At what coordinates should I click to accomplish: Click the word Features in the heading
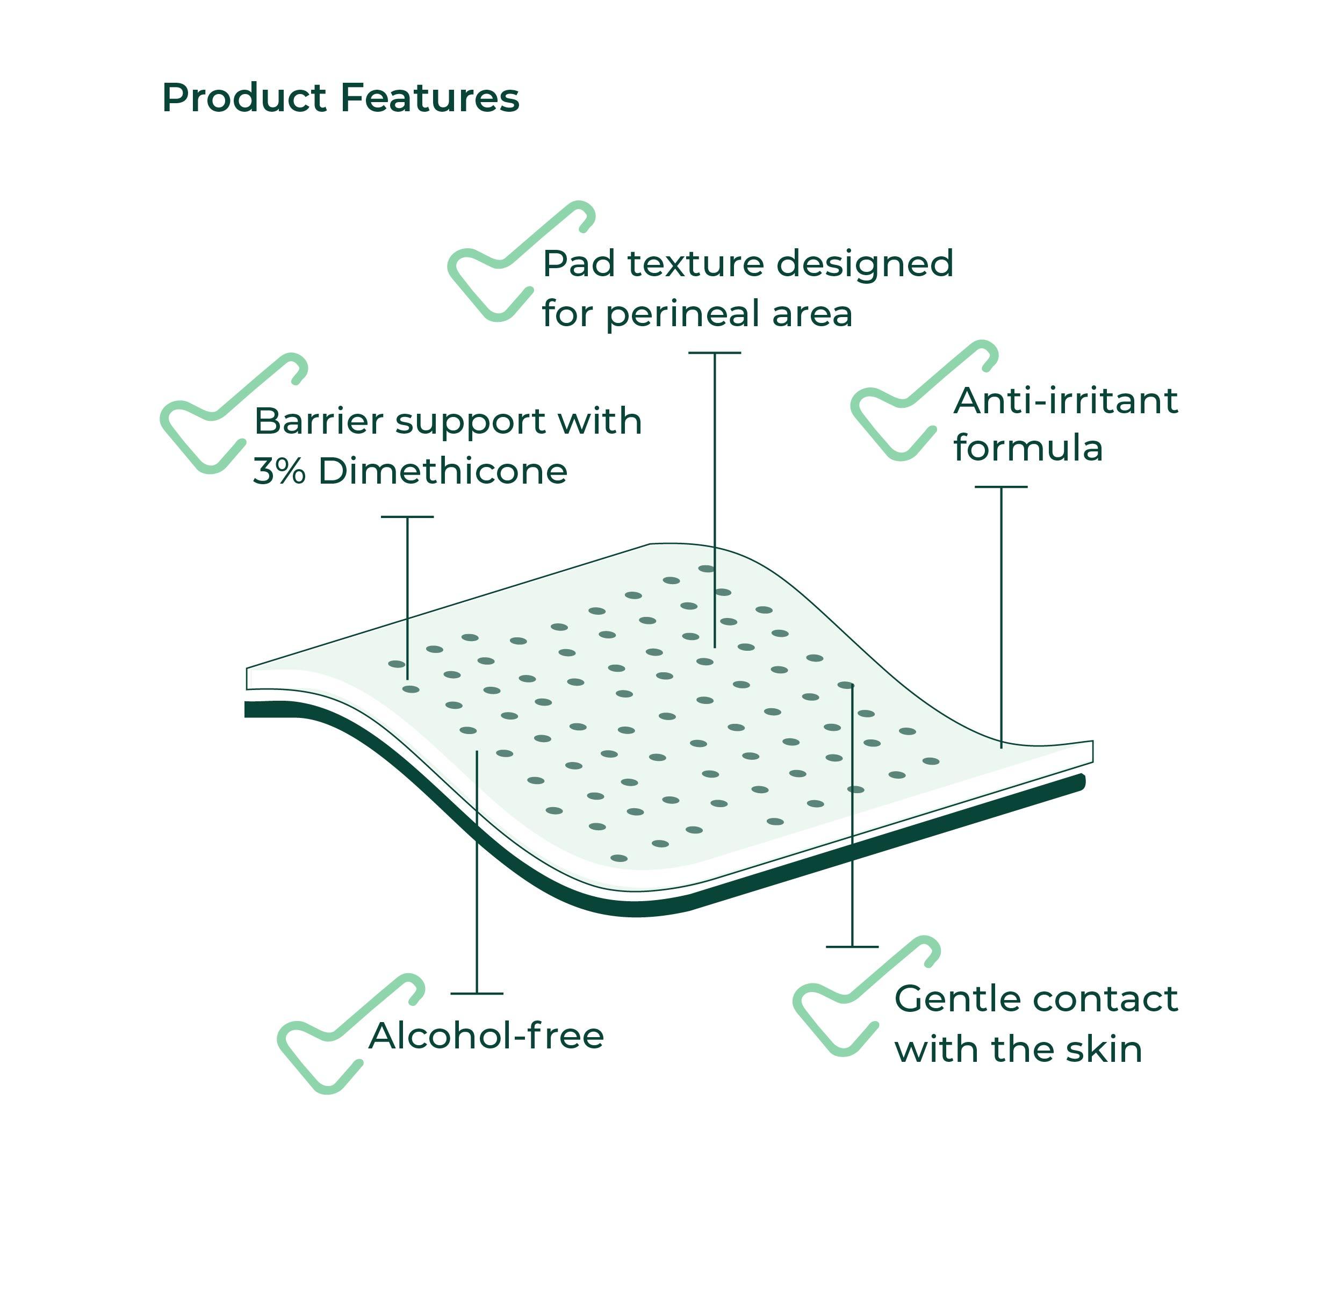[x=430, y=98]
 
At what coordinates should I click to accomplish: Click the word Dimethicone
[x=443, y=471]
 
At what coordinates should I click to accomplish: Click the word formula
[x=1028, y=449]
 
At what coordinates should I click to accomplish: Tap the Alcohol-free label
[x=486, y=1036]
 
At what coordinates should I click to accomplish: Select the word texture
[x=696, y=264]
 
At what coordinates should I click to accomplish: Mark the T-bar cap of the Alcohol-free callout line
[x=477, y=994]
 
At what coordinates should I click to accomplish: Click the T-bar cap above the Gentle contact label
[x=852, y=947]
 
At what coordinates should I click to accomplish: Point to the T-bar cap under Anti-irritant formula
[x=1001, y=487]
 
